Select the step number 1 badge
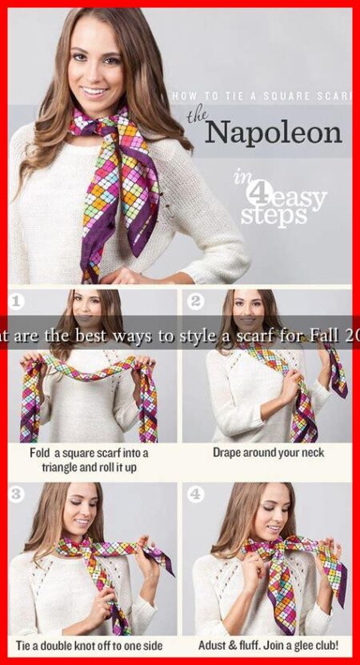18,302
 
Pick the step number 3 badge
18,494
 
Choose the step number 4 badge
195,494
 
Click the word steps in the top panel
273,217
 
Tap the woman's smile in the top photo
95,91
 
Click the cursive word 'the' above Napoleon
197,117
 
